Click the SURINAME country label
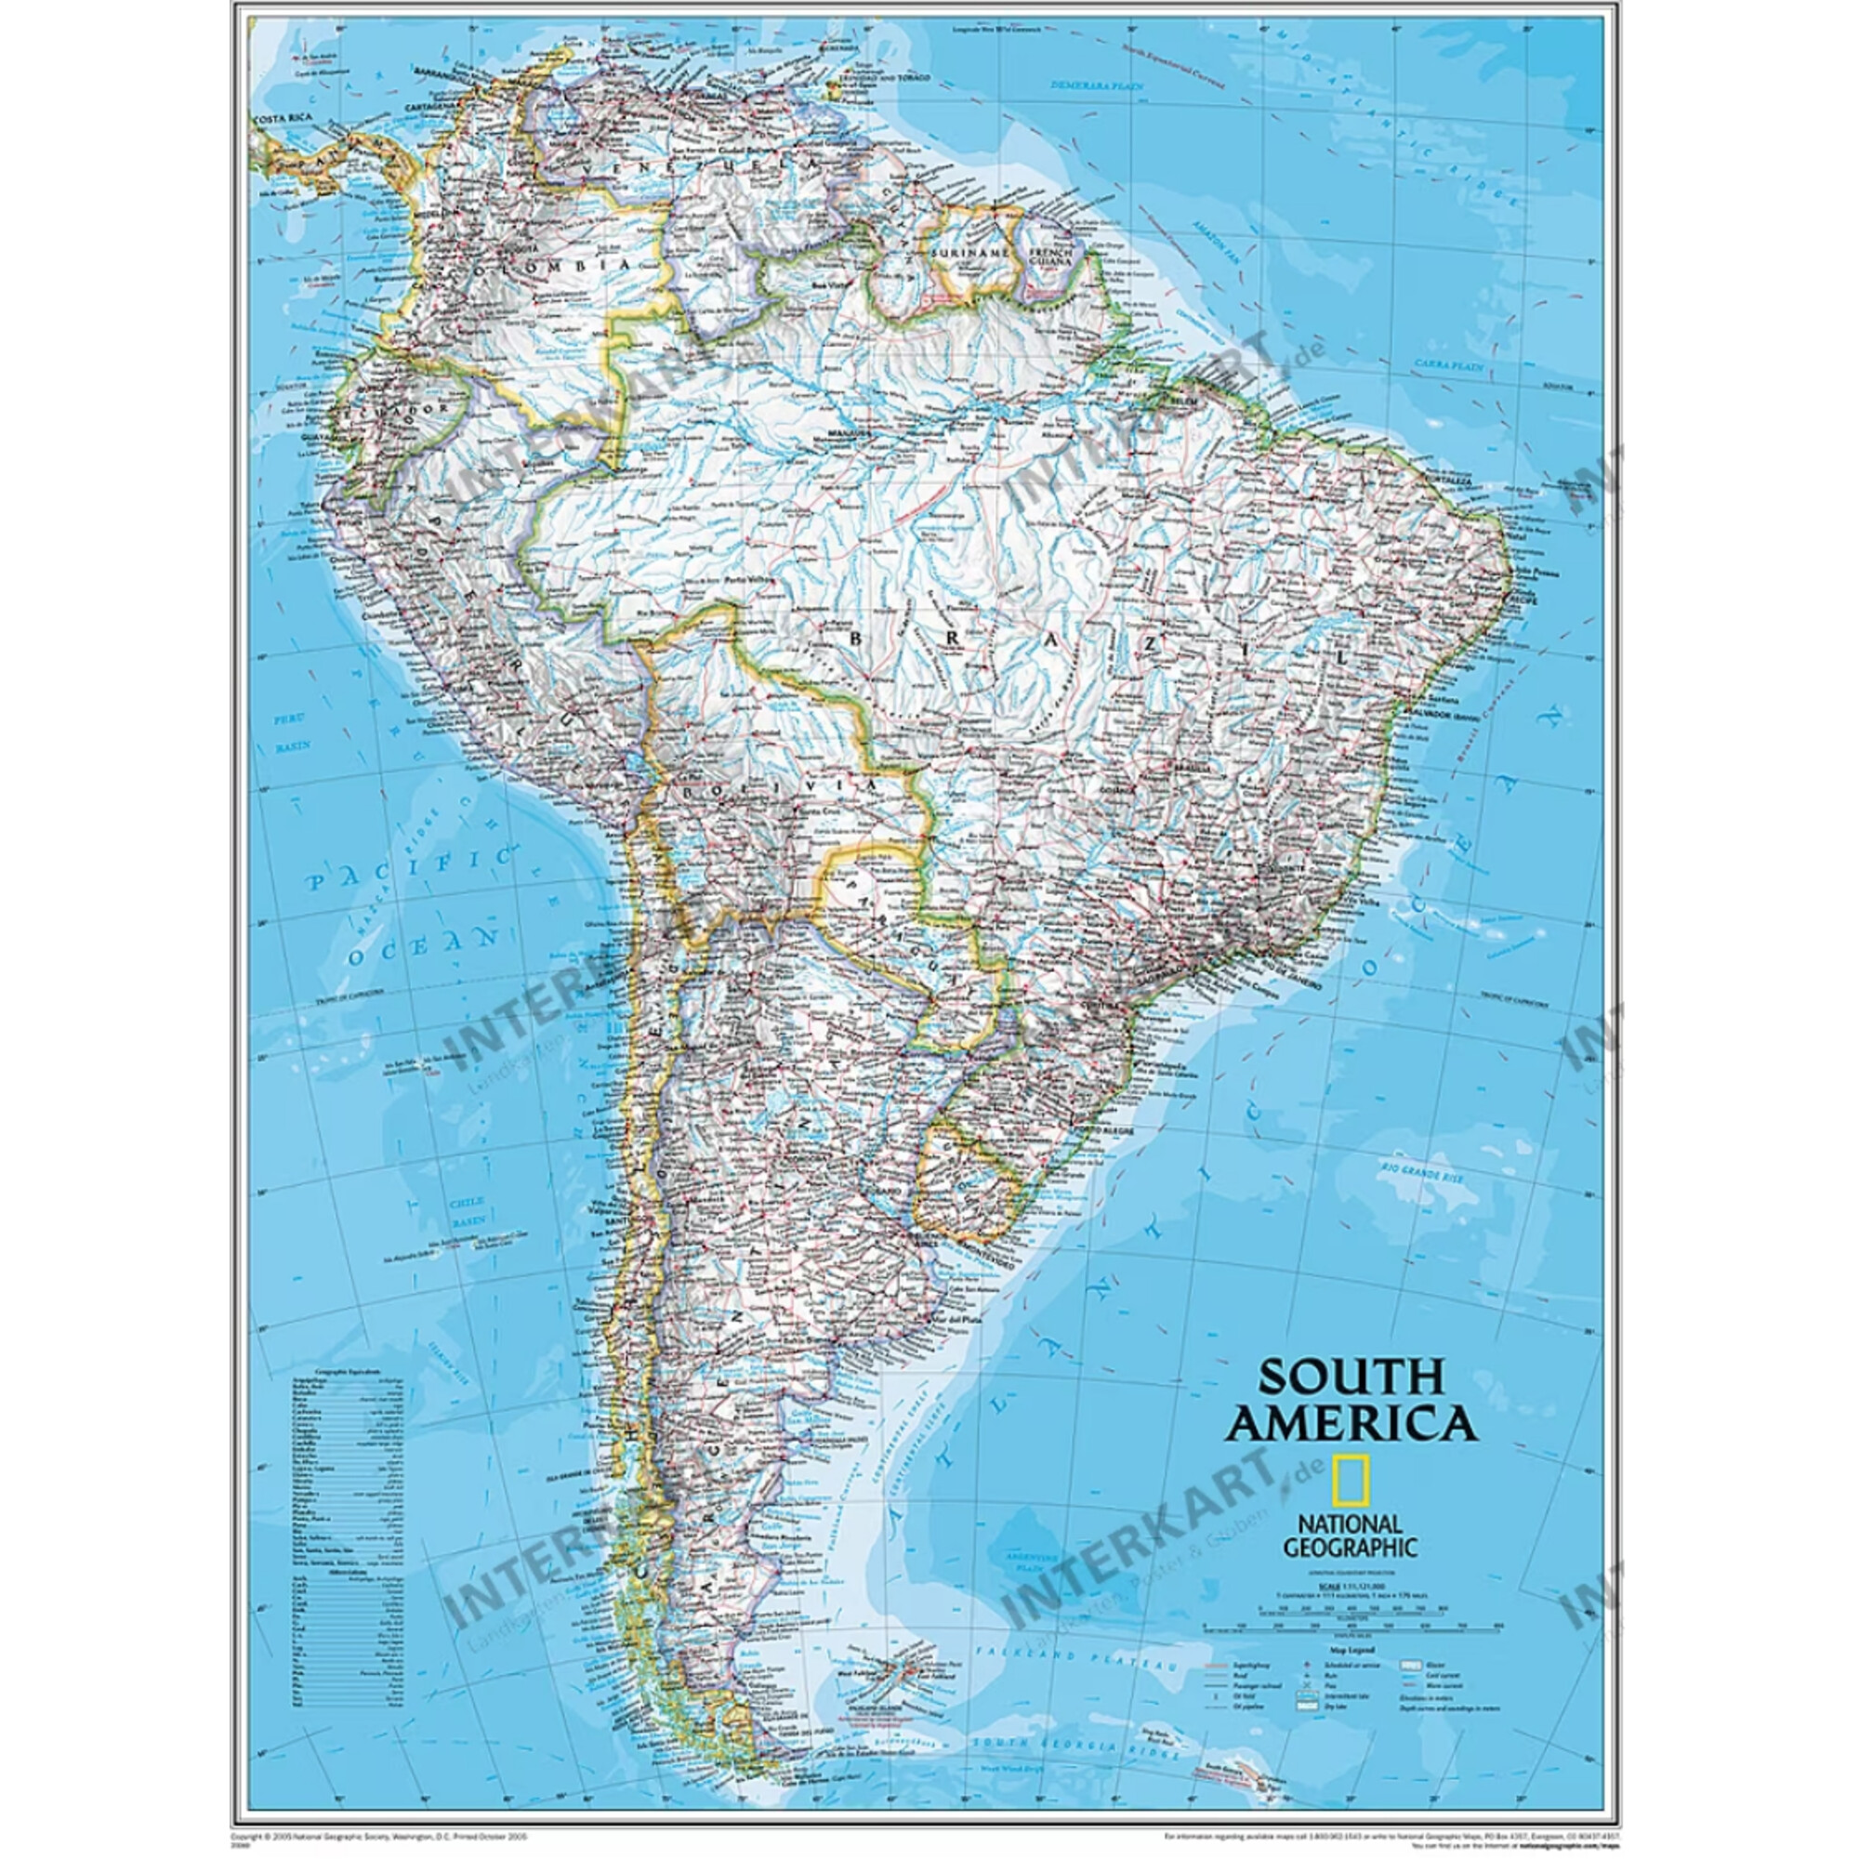click(x=969, y=252)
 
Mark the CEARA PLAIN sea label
click(x=1448, y=365)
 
